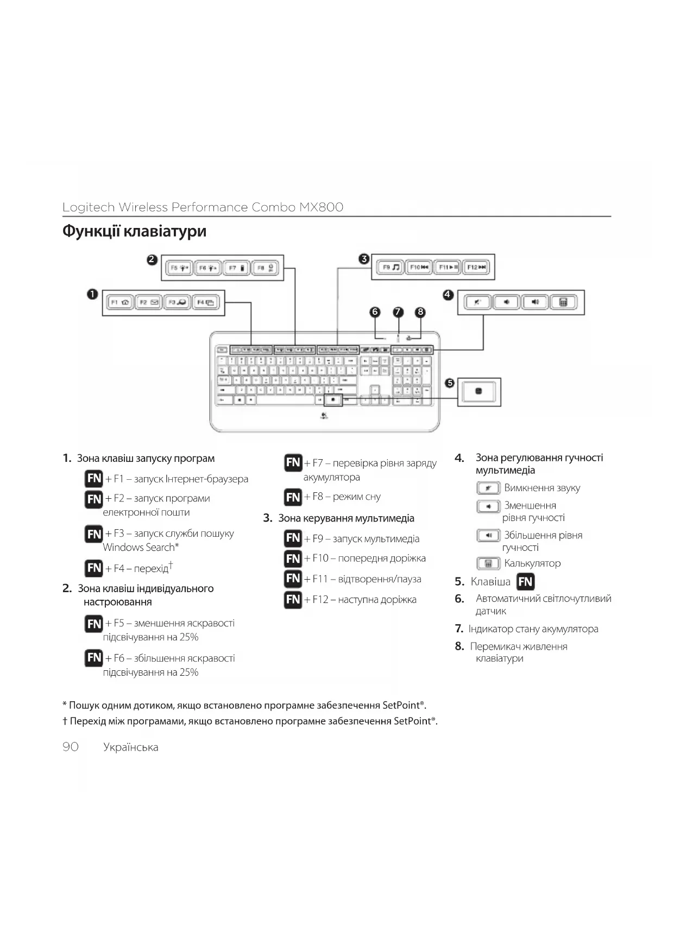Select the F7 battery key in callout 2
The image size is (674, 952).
tap(237, 268)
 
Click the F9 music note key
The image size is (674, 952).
tap(390, 267)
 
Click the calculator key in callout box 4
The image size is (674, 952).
tap(563, 302)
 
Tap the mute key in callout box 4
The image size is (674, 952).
tap(477, 302)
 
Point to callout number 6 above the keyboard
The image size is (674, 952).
tap(375, 312)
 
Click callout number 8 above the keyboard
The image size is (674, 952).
tap(420, 312)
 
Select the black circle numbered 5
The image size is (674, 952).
tap(450, 383)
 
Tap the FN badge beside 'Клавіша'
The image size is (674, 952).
tap(525, 582)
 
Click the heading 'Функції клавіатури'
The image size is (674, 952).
tap(134, 231)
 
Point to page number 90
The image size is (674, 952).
tap(71, 747)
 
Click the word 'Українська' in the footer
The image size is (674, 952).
tap(131, 747)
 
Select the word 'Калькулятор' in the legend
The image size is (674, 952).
tap(532, 563)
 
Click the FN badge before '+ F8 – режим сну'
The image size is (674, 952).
tap(293, 497)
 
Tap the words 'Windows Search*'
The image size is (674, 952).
tap(141, 547)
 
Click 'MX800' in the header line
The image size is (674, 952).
tap(321, 207)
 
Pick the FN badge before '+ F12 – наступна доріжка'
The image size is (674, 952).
tap(293, 600)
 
